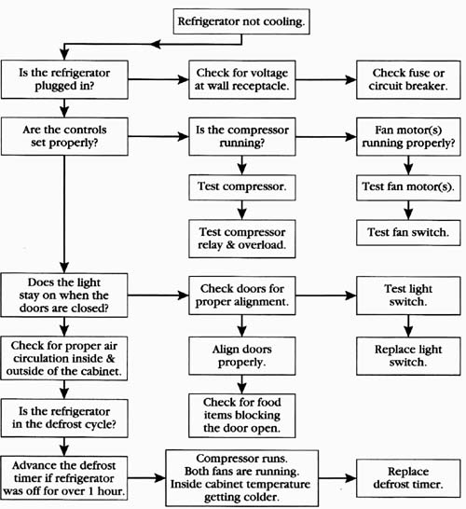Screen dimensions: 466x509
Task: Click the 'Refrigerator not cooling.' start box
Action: [x=241, y=21]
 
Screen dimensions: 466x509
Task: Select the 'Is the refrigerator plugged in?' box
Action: [x=64, y=79]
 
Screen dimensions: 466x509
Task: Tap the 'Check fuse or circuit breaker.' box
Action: [x=408, y=79]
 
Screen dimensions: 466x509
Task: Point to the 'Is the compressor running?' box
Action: [x=242, y=137]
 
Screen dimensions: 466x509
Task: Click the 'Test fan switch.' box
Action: [x=408, y=232]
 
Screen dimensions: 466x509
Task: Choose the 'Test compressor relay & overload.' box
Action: [x=242, y=239]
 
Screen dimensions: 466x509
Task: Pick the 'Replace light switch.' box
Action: [x=408, y=356]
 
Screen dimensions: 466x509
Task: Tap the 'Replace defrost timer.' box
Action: [x=408, y=478]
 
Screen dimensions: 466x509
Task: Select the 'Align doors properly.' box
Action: [x=242, y=356]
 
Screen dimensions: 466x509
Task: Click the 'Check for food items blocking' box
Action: [x=242, y=416]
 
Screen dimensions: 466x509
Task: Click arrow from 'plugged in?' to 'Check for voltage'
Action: [x=158, y=79]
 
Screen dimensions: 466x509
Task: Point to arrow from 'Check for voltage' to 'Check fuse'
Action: [x=326, y=79]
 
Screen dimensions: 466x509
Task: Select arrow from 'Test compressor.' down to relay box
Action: [x=241, y=210]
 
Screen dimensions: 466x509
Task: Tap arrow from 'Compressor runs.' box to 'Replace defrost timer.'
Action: [x=337, y=478]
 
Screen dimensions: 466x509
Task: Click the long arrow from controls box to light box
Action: [x=64, y=214]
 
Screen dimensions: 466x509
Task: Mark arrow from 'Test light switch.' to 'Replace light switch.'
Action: [x=408, y=326]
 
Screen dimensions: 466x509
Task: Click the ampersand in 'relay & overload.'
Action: [x=230, y=244]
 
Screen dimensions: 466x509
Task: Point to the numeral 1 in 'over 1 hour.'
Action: [x=91, y=491]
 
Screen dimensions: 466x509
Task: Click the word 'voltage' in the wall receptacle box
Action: [x=269, y=74]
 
